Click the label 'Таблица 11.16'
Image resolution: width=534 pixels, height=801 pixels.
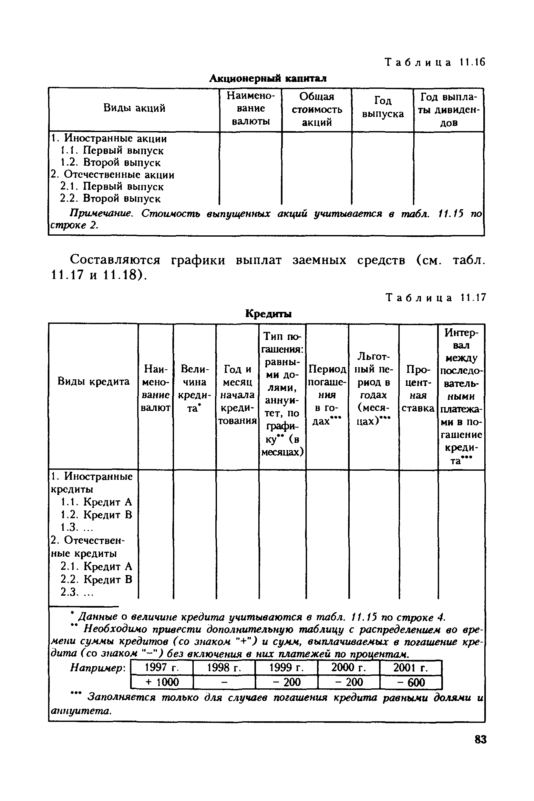(x=435, y=62)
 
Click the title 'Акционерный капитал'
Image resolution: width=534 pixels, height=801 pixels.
(x=268, y=79)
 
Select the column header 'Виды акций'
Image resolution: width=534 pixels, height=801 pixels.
(x=134, y=108)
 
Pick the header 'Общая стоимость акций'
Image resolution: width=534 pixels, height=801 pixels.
(x=317, y=109)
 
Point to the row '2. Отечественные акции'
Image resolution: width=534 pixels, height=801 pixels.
(x=112, y=175)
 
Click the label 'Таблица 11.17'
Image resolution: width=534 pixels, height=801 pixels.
(x=435, y=298)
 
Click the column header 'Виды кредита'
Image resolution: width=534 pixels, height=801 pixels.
(x=93, y=381)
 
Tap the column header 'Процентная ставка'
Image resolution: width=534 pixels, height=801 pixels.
(x=418, y=389)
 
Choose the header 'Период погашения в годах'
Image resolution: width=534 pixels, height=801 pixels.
(x=327, y=395)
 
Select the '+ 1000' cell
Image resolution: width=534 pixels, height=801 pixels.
(x=162, y=682)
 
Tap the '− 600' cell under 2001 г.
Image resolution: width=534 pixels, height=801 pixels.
(x=410, y=682)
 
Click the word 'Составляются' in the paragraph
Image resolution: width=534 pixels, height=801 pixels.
(x=115, y=260)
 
